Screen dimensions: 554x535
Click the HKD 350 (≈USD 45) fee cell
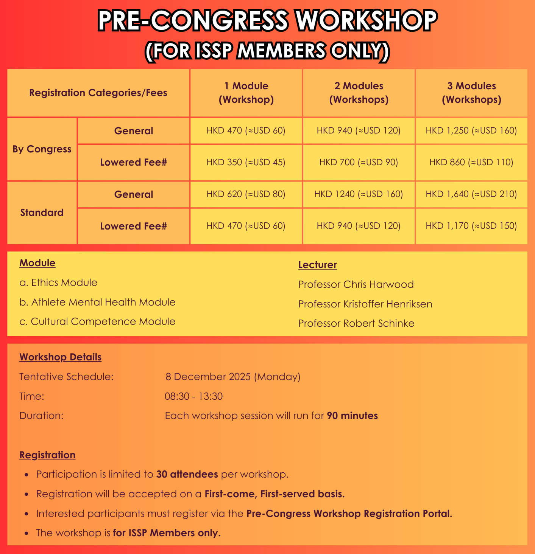click(246, 163)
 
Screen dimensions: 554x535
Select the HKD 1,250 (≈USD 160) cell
click(471, 131)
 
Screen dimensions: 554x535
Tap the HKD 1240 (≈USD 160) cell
click(359, 194)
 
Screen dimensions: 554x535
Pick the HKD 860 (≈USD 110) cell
click(471, 163)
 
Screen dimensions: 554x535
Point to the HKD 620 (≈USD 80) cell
click(246, 194)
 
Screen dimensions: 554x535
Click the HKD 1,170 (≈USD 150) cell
click(471, 226)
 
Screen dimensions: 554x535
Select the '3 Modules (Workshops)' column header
click(471, 93)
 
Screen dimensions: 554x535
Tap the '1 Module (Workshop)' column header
click(246, 93)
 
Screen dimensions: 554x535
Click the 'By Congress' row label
click(42, 149)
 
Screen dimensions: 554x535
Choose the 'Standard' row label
click(42, 213)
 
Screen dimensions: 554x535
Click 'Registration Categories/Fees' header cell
click(98, 93)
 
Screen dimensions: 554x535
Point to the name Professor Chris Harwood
click(356, 284)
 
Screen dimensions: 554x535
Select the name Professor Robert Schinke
click(356, 323)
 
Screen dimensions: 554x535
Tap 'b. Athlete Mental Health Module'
click(97, 302)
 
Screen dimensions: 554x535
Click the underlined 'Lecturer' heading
click(317, 265)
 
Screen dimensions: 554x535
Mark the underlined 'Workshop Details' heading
click(61, 357)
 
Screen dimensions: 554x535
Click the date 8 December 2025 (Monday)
click(233, 377)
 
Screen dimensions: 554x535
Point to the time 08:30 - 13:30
click(193, 396)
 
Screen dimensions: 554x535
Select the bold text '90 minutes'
click(352, 416)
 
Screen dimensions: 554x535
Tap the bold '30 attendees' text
click(187, 474)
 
